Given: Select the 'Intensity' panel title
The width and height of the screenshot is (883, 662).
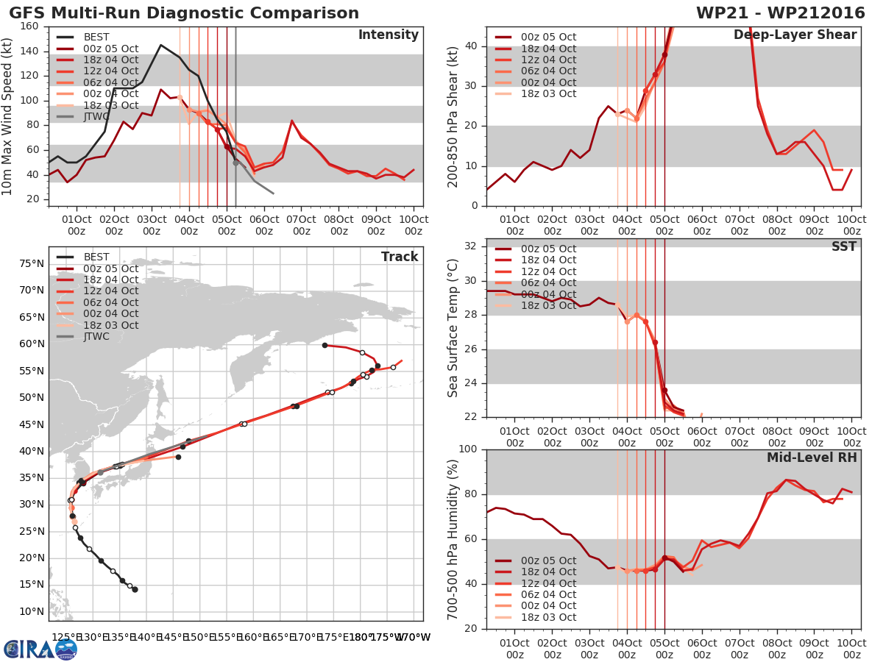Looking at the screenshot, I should pyautogui.click(x=389, y=35).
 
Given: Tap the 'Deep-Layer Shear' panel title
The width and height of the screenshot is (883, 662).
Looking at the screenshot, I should pyautogui.click(x=795, y=35).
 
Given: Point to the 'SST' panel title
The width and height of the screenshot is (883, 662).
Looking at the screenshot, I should pyautogui.click(x=843, y=247).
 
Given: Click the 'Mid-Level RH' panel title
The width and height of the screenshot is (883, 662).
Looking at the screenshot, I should pyautogui.click(x=812, y=458).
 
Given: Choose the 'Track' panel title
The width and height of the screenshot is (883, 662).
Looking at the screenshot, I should pyautogui.click(x=400, y=257).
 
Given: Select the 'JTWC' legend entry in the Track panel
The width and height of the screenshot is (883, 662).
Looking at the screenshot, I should pyautogui.click(x=96, y=337).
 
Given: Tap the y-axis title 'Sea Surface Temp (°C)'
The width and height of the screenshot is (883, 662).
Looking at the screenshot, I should pyautogui.click(x=453, y=328).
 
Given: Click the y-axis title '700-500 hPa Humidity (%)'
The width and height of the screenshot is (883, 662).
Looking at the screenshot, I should pyautogui.click(x=453, y=539).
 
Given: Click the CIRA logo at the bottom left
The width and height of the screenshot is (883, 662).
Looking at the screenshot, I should pyautogui.click(x=40, y=649).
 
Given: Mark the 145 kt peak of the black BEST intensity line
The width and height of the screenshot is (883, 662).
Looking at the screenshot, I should pyautogui.click(x=161, y=45).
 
